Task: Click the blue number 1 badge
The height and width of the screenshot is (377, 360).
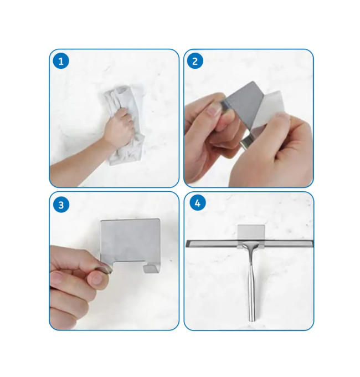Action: coord(61,61)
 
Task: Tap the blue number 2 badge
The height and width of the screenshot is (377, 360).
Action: coord(195,61)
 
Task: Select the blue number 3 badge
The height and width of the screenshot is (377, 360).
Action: coord(61,205)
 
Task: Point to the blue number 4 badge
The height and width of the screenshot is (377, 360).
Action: coord(197,203)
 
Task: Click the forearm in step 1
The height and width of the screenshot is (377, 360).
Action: coord(79,164)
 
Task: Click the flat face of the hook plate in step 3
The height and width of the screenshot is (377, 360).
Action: coord(130,241)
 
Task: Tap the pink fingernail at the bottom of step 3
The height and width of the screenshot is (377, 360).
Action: coord(97,279)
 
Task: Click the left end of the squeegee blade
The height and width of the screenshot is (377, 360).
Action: coord(187,243)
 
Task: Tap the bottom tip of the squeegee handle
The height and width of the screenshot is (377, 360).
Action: coord(252,321)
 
